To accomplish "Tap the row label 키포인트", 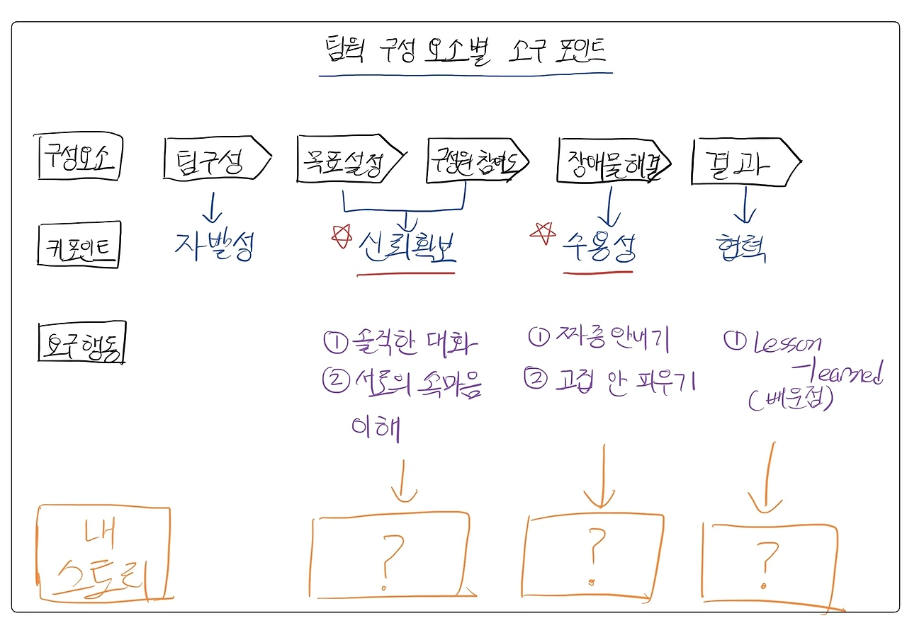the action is click(79, 244).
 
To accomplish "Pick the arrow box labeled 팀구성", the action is click(215, 161).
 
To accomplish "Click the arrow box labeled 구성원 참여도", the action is click(477, 162).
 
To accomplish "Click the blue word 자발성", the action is click(213, 244).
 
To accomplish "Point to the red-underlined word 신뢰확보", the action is click(407, 248).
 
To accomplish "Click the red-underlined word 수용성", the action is click(598, 247).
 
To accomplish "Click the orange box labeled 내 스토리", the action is click(104, 552).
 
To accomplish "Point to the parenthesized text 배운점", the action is click(791, 400).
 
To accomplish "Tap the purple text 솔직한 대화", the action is click(400, 344).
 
